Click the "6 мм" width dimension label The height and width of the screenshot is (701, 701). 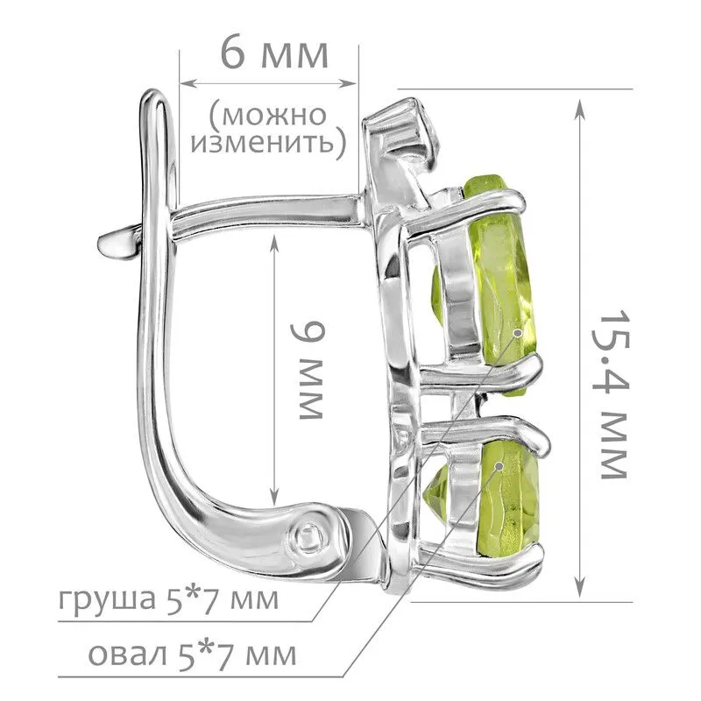click(274, 54)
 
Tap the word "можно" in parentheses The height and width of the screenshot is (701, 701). click(273, 116)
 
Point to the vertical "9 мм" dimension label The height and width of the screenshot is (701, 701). click(307, 371)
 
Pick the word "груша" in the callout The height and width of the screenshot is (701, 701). click(105, 600)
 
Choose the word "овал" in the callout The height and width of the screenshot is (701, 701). click(127, 655)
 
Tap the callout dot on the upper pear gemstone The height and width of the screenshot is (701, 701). click(518, 333)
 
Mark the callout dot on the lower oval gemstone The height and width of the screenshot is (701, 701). click(499, 466)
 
